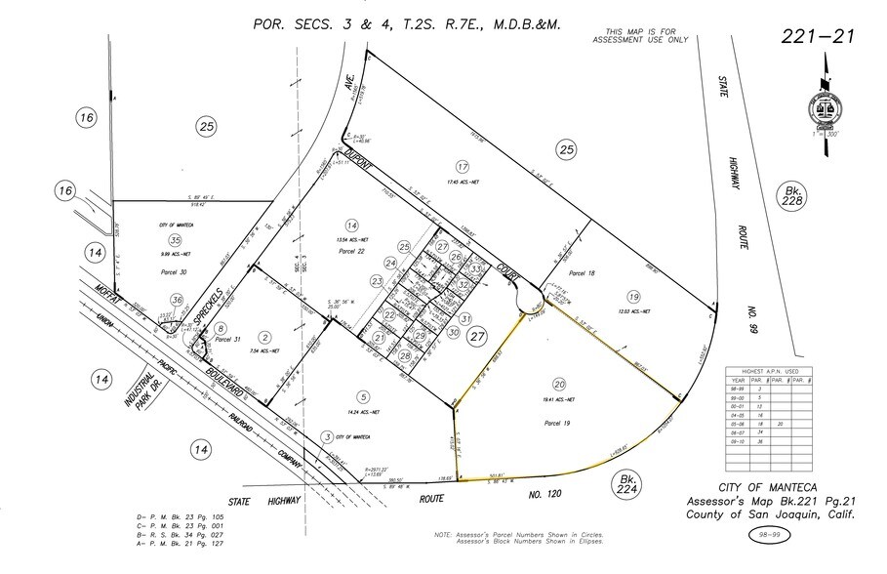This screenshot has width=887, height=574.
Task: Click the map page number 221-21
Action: click(817, 37)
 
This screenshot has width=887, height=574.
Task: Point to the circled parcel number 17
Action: click(463, 166)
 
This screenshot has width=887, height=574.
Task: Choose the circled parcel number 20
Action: click(558, 384)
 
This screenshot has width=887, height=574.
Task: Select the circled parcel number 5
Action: click(364, 396)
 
